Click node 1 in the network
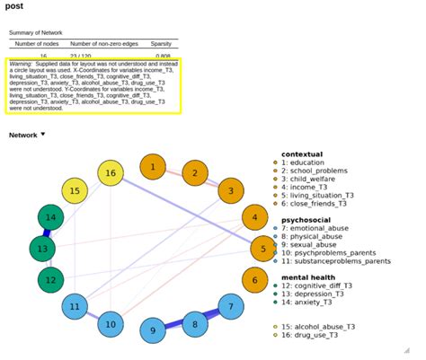click(x=154, y=167)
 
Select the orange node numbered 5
click(x=262, y=250)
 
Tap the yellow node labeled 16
click(x=111, y=173)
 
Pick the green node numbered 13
click(x=41, y=249)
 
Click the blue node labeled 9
click(x=153, y=330)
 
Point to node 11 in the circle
click(x=75, y=307)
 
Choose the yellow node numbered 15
click(x=75, y=190)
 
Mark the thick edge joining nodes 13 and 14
click(x=46, y=233)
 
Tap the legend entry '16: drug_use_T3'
click(x=318, y=335)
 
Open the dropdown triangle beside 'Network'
click(x=42, y=135)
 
